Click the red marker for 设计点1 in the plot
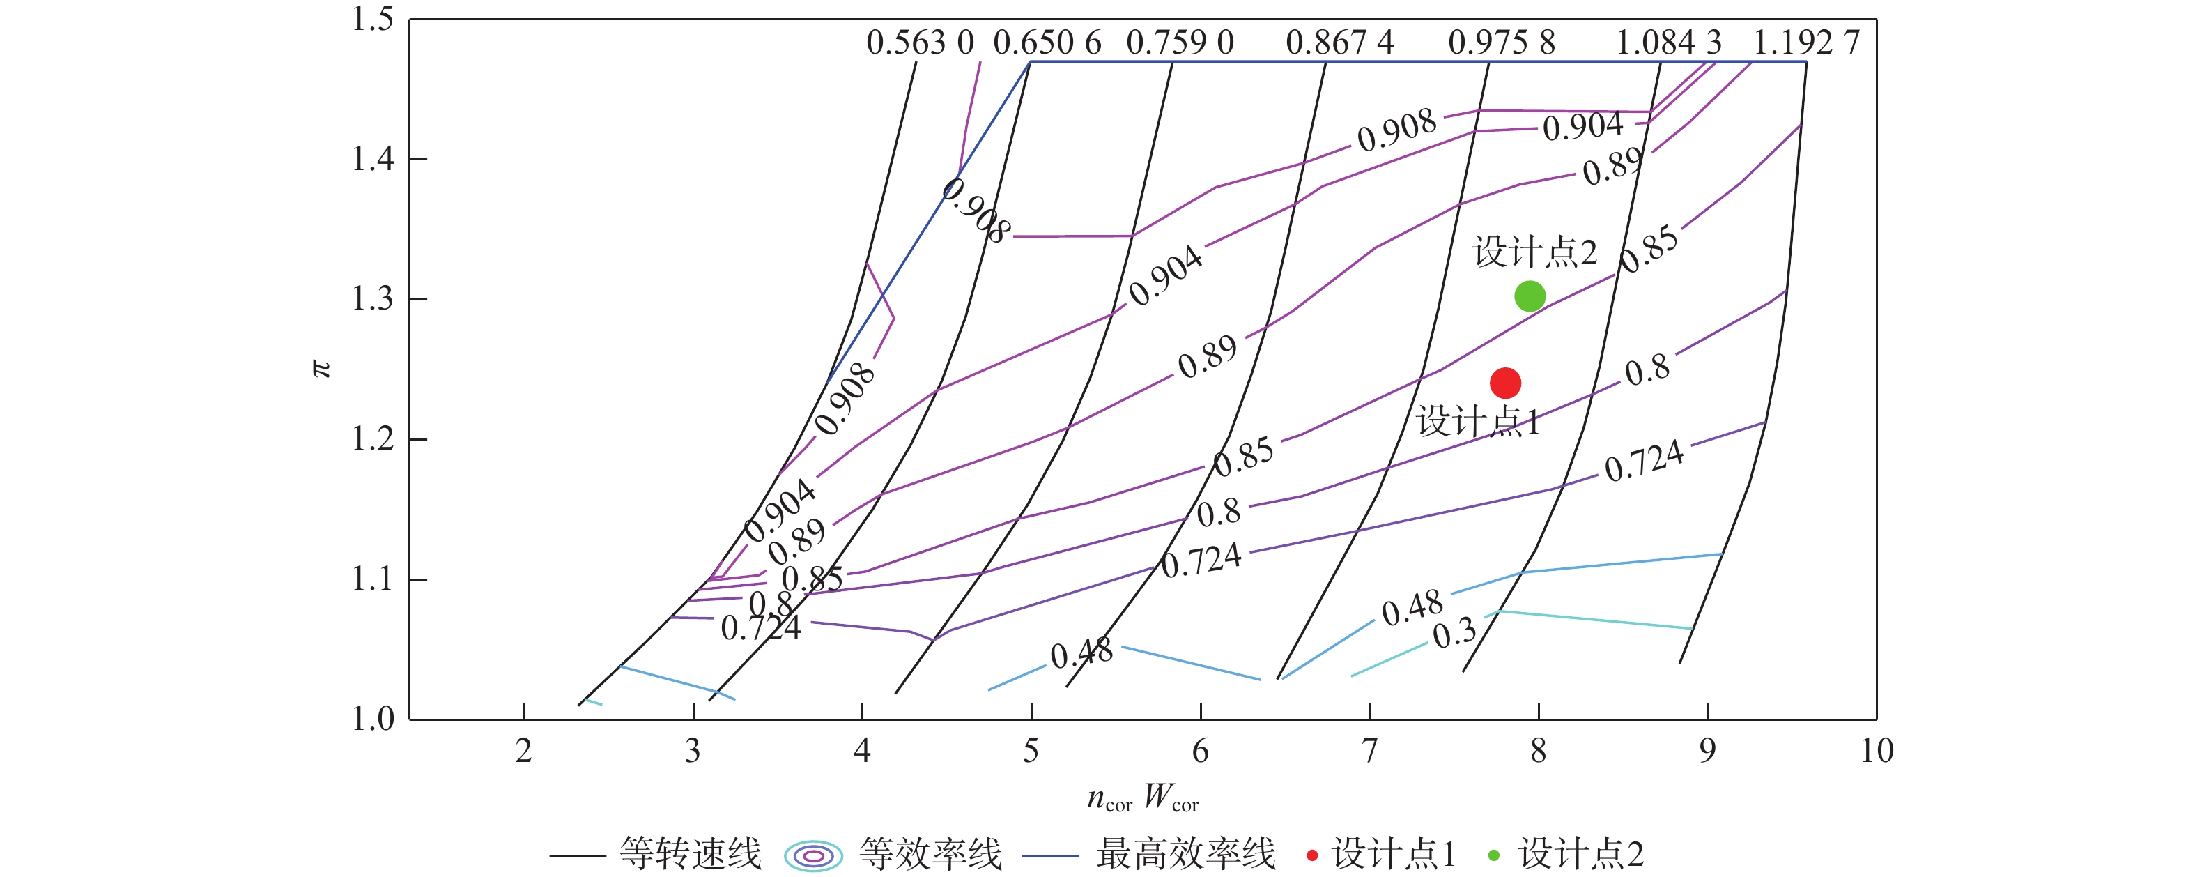point(1505,383)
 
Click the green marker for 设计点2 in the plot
point(1530,296)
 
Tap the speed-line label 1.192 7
point(1805,43)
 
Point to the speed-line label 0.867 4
point(1339,43)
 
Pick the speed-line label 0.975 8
point(1502,43)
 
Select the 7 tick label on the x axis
point(1369,751)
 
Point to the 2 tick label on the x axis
point(523,751)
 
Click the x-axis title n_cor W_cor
point(1143,799)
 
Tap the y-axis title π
point(321,368)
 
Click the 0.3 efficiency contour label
point(1454,633)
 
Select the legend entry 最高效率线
point(1185,854)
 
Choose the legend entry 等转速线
point(690,854)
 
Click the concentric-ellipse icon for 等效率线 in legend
point(813,855)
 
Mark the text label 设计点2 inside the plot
point(1534,252)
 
